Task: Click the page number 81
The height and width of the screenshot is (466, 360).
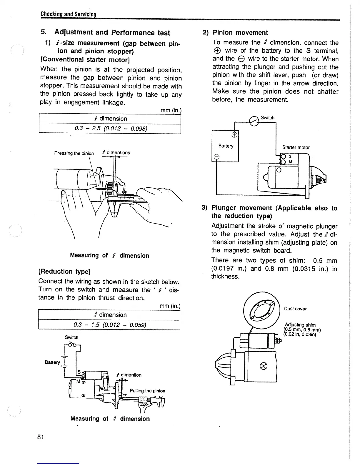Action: coord(41,437)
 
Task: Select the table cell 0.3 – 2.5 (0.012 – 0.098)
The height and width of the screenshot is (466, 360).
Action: coord(110,129)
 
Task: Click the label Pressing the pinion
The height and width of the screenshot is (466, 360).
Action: coord(74,153)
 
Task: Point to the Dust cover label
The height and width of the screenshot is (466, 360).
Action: coord(295,309)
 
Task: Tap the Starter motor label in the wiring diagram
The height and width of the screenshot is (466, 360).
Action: coord(296,147)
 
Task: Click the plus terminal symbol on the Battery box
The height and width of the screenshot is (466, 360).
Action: coord(234,135)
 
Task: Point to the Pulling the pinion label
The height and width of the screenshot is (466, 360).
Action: coord(147,391)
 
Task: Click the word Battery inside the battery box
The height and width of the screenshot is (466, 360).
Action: coord(226,146)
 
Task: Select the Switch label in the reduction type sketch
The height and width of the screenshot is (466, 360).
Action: coord(71,337)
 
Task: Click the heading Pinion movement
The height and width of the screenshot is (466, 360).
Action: coord(240,33)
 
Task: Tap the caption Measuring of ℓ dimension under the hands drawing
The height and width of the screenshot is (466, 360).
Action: coord(109,255)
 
